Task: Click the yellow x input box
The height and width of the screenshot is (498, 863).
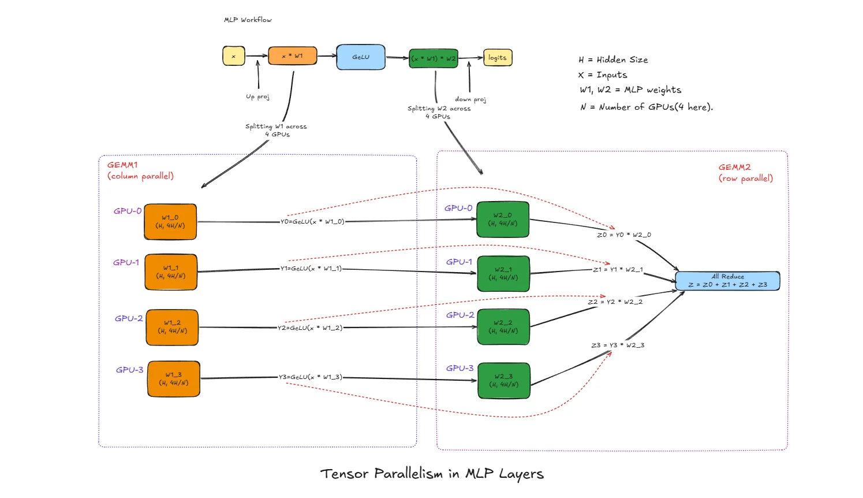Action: tap(234, 56)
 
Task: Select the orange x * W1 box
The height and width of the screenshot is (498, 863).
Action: tap(292, 56)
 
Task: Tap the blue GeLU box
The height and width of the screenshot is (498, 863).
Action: tap(361, 57)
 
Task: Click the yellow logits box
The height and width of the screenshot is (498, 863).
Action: tap(498, 58)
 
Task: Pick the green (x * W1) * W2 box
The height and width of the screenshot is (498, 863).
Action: tap(433, 58)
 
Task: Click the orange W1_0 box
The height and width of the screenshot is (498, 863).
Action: tap(170, 222)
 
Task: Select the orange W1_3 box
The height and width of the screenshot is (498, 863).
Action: tap(174, 379)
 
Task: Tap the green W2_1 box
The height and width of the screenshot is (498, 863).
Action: tap(503, 274)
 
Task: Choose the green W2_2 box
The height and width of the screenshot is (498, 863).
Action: tap(503, 327)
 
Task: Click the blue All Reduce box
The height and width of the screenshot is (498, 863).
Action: tap(727, 281)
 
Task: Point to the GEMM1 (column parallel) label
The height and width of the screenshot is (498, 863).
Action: tap(140, 170)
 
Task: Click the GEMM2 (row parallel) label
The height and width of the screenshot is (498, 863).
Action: tap(745, 173)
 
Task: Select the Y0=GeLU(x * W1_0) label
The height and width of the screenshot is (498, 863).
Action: tap(312, 221)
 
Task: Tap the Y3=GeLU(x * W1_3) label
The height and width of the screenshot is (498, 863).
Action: tap(311, 377)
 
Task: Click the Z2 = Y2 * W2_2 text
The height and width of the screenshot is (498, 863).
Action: tap(615, 302)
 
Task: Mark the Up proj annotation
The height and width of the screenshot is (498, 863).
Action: tap(257, 96)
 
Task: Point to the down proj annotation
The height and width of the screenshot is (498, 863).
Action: tap(470, 99)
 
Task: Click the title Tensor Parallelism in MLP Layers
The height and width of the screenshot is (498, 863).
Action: tap(432, 474)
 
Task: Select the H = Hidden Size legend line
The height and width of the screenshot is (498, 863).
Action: tap(613, 60)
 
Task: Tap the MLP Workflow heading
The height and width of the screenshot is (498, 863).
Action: tap(248, 20)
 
